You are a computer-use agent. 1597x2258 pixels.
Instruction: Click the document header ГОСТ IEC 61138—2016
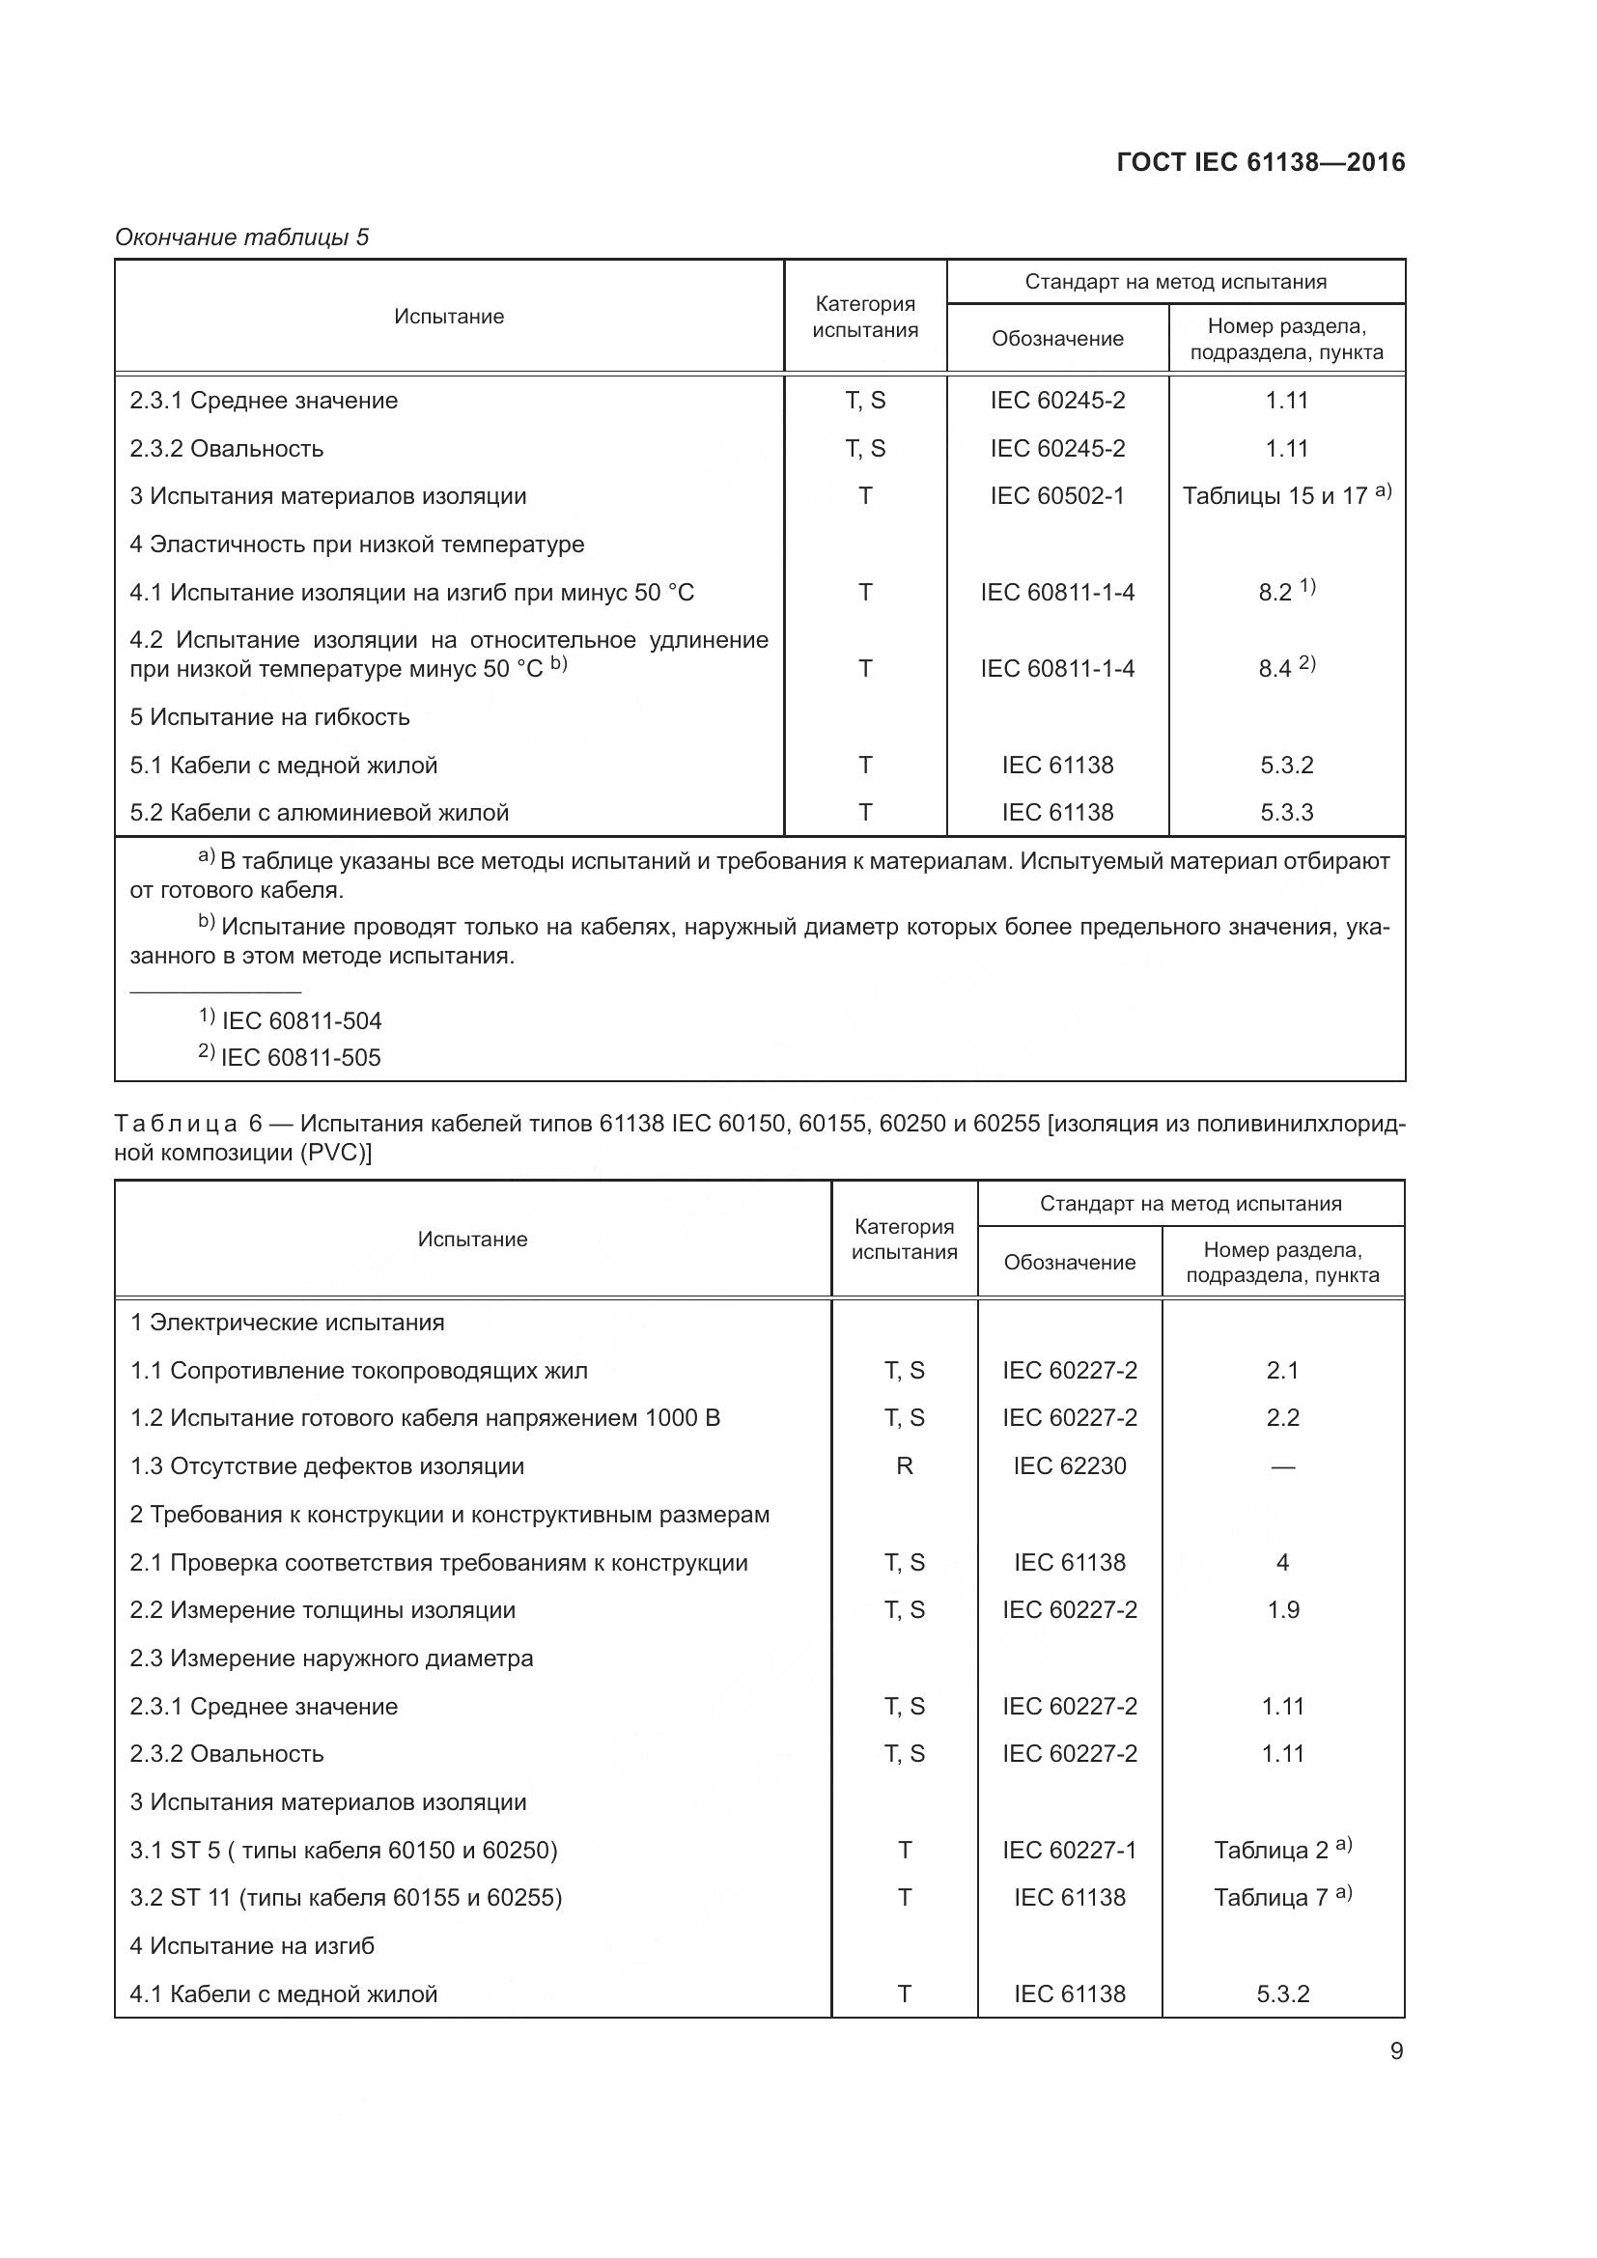[x=1261, y=162]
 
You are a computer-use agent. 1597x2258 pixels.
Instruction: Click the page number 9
[x=1396, y=2050]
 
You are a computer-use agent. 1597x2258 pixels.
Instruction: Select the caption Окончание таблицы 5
[x=242, y=237]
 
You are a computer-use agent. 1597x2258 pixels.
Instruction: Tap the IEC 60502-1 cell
[x=1057, y=495]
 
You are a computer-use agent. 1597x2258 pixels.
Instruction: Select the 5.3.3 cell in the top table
[x=1286, y=812]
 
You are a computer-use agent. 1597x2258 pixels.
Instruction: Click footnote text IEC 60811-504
[x=301, y=1020]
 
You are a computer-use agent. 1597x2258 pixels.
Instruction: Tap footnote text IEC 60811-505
[x=301, y=1057]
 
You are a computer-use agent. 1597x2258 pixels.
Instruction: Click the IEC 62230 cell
[x=1069, y=1465]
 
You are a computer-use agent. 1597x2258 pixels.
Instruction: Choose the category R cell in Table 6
[x=904, y=1465]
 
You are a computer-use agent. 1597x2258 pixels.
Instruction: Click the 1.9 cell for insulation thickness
[x=1282, y=1610]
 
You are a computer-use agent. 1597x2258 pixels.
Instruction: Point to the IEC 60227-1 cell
[x=1069, y=1850]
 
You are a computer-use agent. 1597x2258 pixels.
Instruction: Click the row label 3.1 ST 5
[x=343, y=1850]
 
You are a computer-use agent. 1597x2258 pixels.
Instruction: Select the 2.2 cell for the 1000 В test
[x=1282, y=1417]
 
